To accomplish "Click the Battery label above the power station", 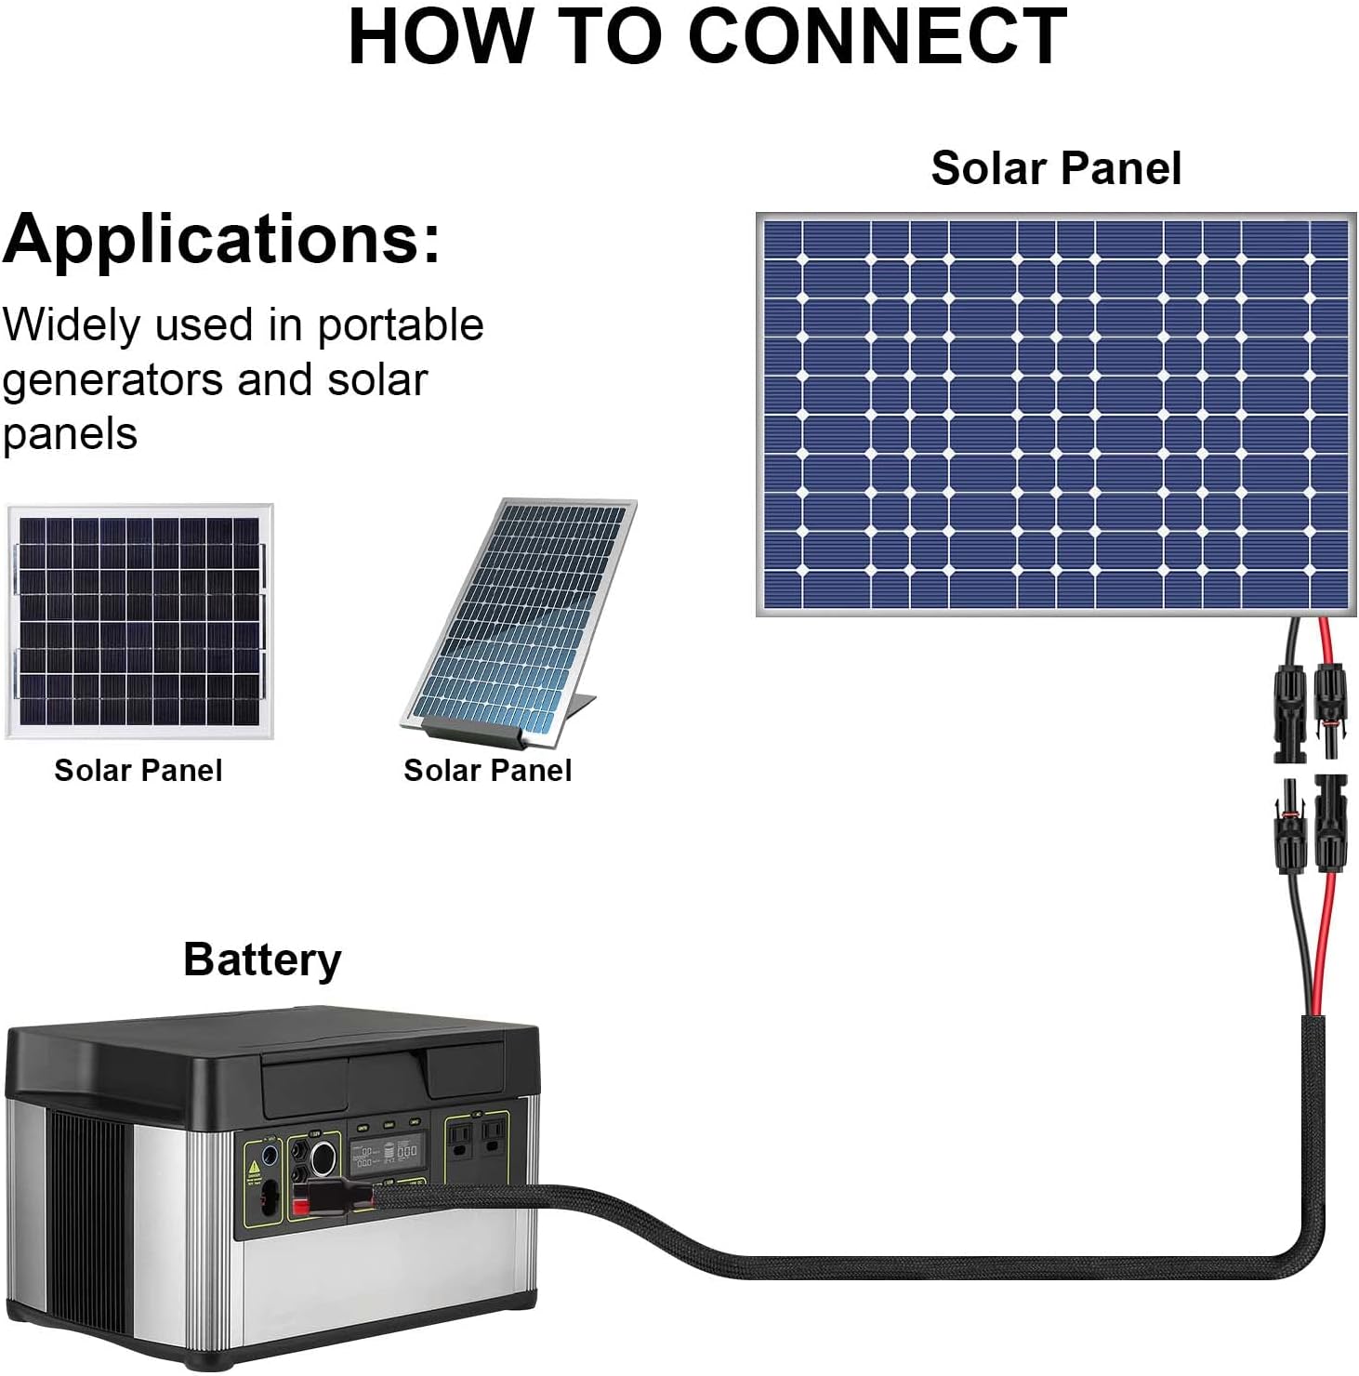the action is tap(262, 960).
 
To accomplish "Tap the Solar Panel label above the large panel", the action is tap(1056, 168).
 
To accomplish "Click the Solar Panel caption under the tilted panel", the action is tap(487, 770).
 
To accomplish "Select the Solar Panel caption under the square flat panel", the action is tap(138, 770).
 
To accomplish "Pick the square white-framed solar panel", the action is tap(139, 621).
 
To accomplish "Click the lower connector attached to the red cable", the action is tap(1330, 822).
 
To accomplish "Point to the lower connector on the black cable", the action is tap(1289, 828).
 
